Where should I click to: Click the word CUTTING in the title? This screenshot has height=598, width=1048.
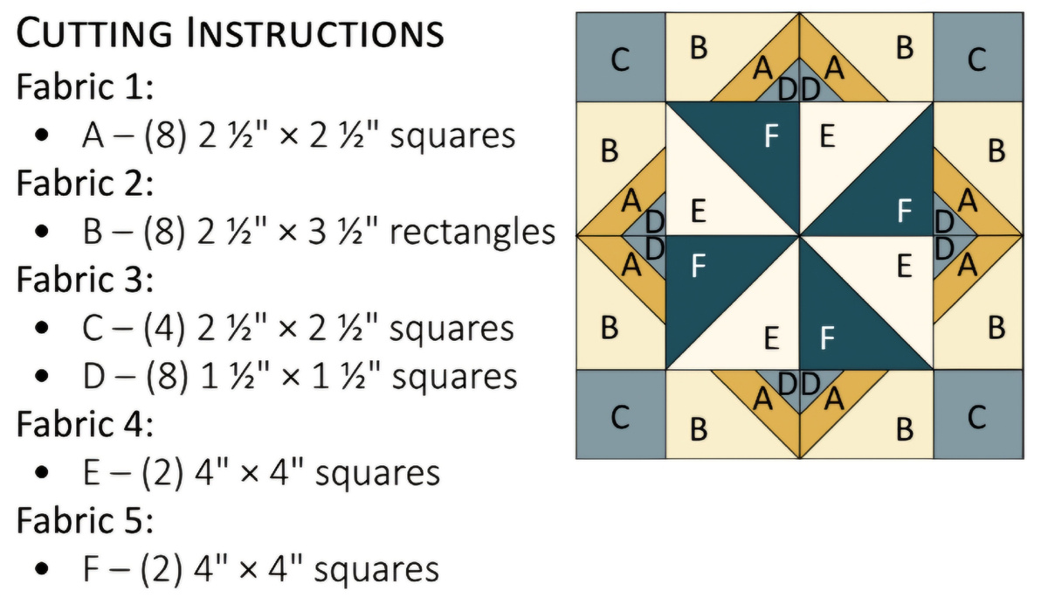[94, 31]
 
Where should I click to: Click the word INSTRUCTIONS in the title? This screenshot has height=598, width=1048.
[315, 31]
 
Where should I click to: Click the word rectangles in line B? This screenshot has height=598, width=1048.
[472, 232]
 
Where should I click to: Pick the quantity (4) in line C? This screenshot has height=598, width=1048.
[164, 328]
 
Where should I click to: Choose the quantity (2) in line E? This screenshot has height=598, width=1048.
[162, 474]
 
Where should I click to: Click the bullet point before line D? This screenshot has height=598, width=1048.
[42, 376]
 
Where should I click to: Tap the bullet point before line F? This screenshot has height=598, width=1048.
[42, 568]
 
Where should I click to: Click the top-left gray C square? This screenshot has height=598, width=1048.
[621, 57]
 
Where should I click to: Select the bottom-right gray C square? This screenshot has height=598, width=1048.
[978, 414]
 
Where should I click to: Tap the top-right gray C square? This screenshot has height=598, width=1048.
[978, 57]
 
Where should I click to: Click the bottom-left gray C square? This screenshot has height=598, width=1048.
[621, 414]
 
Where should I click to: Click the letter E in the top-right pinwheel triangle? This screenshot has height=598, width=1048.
[827, 136]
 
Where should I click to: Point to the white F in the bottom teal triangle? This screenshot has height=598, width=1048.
[827, 337]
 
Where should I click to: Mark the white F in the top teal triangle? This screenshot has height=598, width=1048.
[771, 136]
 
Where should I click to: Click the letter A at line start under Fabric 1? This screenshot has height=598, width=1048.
[93, 136]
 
